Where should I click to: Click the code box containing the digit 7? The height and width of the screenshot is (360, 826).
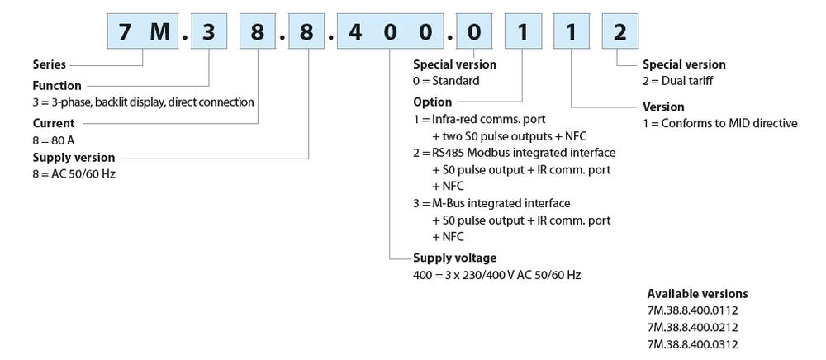pyautogui.click(x=125, y=33)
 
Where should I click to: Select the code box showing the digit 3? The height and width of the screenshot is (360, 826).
pyautogui.click(x=210, y=33)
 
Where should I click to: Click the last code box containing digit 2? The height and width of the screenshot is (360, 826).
pyautogui.click(x=619, y=33)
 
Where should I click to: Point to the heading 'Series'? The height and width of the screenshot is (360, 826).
pyautogui.click(x=49, y=64)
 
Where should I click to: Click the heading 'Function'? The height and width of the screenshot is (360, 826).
pyautogui.click(x=57, y=85)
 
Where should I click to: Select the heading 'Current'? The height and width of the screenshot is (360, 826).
pyautogui.click(x=54, y=123)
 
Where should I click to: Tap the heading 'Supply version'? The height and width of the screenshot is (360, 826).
pyautogui.click(x=74, y=157)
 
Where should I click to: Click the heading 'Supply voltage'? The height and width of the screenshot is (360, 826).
pyautogui.click(x=455, y=258)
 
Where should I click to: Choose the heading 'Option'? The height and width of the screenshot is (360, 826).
pyautogui.click(x=432, y=102)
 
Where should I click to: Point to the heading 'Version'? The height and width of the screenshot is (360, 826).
pyautogui.click(x=663, y=107)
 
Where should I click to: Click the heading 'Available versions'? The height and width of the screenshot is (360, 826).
pyautogui.click(x=697, y=293)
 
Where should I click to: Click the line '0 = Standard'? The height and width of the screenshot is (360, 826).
pyautogui.click(x=446, y=81)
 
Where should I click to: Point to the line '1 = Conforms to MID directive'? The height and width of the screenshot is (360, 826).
pyautogui.click(x=719, y=123)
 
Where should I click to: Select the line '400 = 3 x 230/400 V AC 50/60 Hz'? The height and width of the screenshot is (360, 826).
pyautogui.click(x=496, y=274)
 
